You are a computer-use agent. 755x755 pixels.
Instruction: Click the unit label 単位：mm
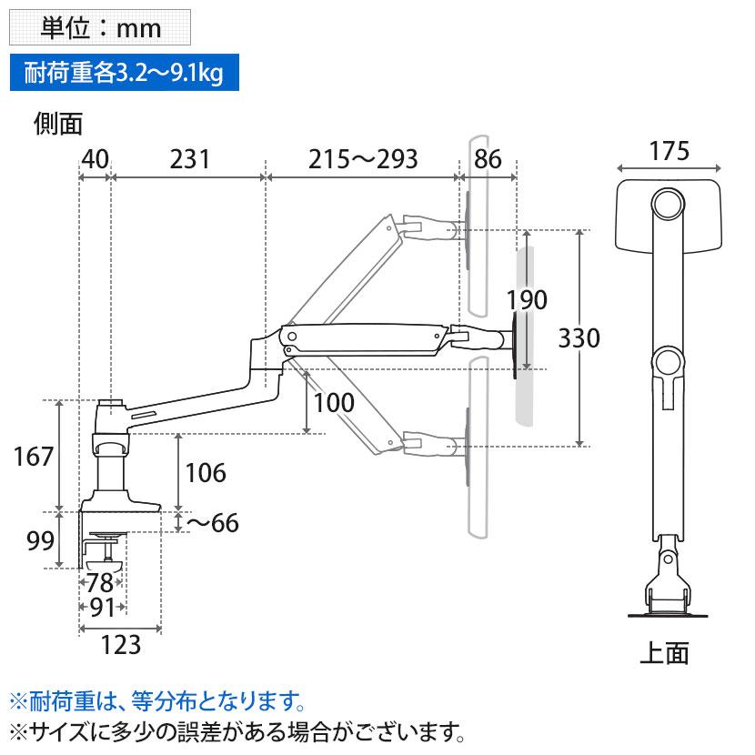point(100,27)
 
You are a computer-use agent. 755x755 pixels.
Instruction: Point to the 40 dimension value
point(95,159)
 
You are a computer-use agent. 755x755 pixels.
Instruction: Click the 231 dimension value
point(189,159)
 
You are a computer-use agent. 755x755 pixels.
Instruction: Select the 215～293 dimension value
point(362,159)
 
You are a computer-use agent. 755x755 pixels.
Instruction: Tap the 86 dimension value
point(488,159)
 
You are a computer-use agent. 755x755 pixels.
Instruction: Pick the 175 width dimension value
point(669,151)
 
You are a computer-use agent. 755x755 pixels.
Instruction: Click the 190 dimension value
point(527,300)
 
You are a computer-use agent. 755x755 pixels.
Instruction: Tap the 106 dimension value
point(205,473)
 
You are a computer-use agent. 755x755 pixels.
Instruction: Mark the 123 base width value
point(120,644)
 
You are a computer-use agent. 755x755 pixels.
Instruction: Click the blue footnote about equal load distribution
point(155,701)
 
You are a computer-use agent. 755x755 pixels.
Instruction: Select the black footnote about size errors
point(237,731)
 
